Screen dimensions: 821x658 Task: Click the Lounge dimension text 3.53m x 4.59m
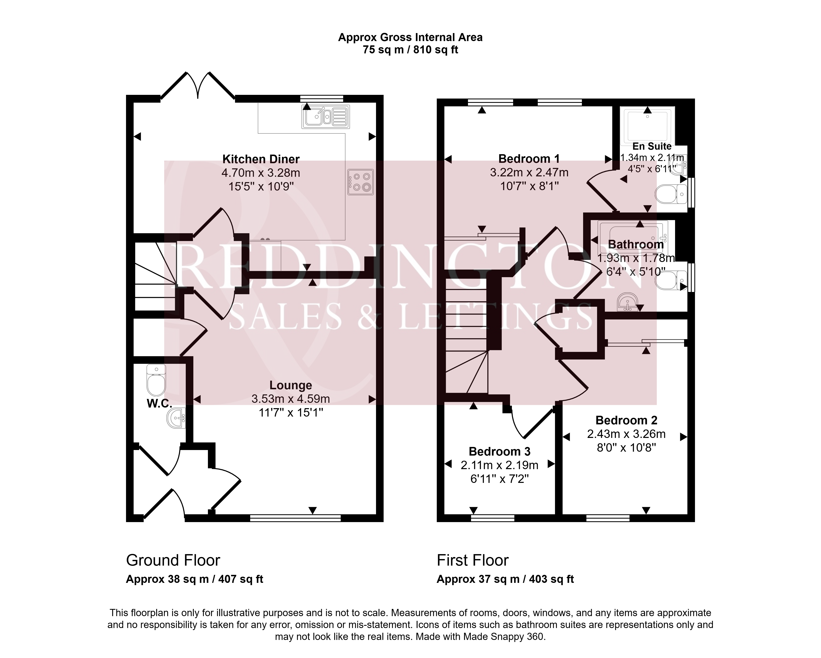291,399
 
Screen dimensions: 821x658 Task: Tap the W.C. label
159,404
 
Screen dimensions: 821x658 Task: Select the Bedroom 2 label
626,420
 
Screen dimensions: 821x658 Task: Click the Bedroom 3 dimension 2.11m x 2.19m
500,465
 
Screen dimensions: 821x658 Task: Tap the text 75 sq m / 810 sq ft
410,49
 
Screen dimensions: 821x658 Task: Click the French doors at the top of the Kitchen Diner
198,86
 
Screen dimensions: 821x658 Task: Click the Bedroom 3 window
493,518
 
